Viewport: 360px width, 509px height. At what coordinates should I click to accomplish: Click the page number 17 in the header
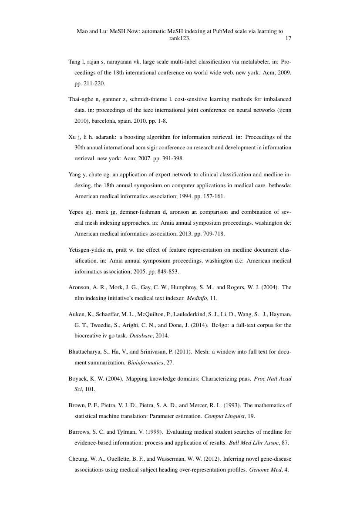[288, 38]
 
